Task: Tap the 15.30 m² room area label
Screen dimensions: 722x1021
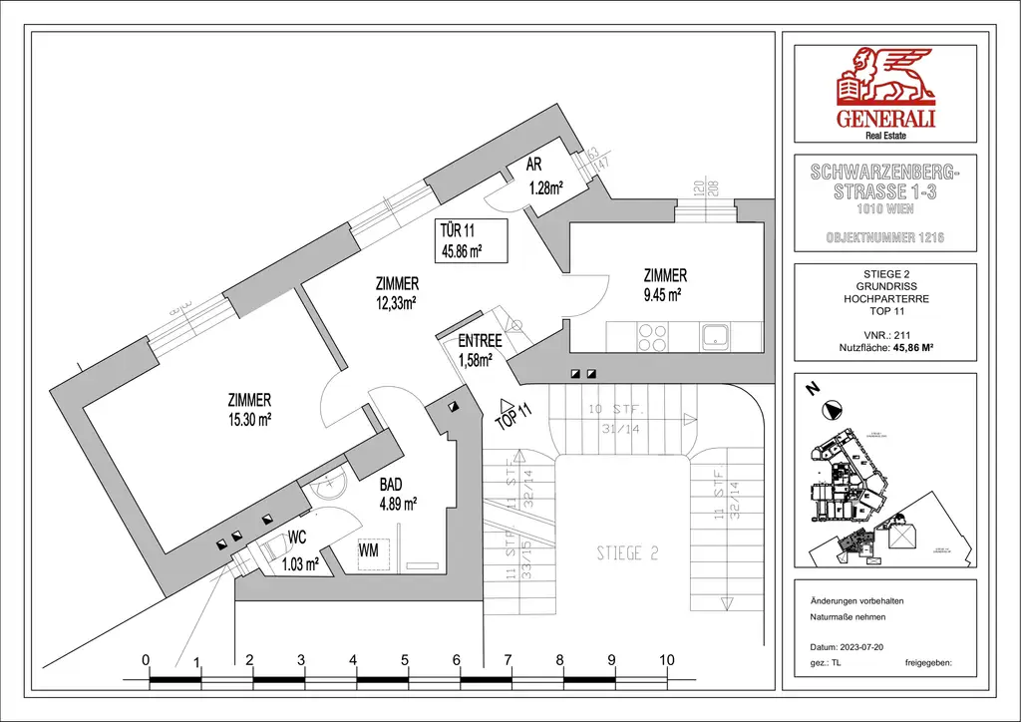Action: pyautogui.click(x=249, y=420)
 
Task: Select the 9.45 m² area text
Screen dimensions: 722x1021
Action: pyautogui.click(x=662, y=294)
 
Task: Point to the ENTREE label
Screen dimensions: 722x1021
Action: pyautogui.click(x=480, y=342)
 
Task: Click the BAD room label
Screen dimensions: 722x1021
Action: pyautogui.click(x=391, y=485)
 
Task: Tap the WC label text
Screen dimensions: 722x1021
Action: pyautogui.click(x=297, y=537)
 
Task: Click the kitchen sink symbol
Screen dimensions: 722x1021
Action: pyautogui.click(x=717, y=335)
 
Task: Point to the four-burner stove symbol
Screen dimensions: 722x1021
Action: pyautogui.click(x=653, y=335)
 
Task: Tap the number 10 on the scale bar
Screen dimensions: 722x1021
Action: pyautogui.click(x=667, y=660)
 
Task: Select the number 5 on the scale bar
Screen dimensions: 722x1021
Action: pyautogui.click(x=405, y=660)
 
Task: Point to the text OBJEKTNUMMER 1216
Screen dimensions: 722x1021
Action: pyautogui.click(x=885, y=238)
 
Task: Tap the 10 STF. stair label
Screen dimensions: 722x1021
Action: pyautogui.click(x=617, y=410)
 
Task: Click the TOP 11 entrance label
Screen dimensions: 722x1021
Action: pyautogui.click(x=514, y=416)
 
